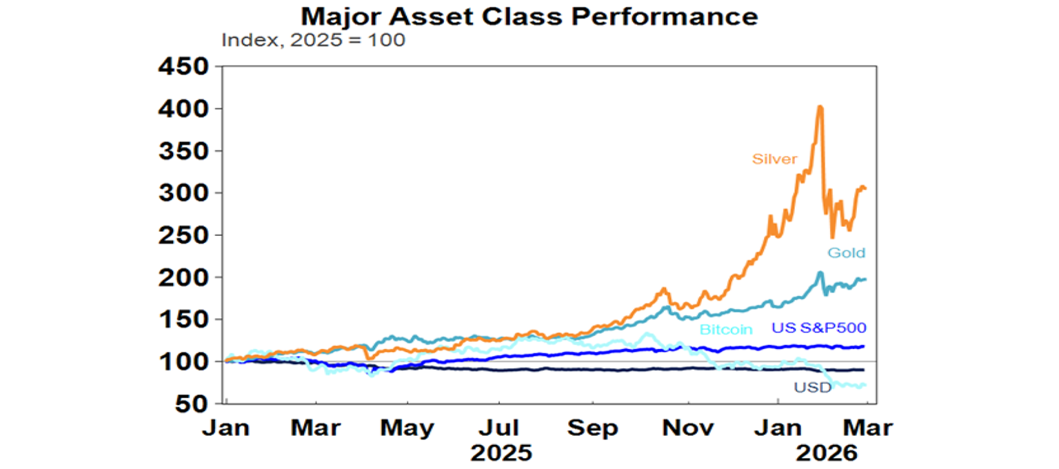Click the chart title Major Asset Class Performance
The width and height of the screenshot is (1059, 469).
pyautogui.click(x=529, y=16)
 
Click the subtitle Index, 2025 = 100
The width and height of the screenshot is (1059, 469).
pyautogui.click(x=313, y=40)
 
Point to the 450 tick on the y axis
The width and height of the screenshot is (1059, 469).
pyautogui.click(x=183, y=67)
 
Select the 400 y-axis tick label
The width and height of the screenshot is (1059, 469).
pyautogui.click(x=183, y=109)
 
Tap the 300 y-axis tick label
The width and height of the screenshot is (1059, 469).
pyautogui.click(x=183, y=193)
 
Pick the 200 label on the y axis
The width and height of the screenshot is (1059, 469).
pyautogui.click(x=183, y=277)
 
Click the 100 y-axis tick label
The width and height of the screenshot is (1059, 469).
pyautogui.click(x=183, y=361)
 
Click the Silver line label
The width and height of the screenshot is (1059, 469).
pyautogui.click(x=774, y=159)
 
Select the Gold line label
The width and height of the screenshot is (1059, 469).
pyautogui.click(x=847, y=253)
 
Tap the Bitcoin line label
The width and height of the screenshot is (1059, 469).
pyautogui.click(x=726, y=329)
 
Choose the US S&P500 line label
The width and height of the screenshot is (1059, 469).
pyautogui.click(x=818, y=327)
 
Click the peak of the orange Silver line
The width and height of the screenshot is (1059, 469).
pyautogui.click(x=820, y=106)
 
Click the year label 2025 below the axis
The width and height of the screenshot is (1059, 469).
pyautogui.click(x=502, y=453)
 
